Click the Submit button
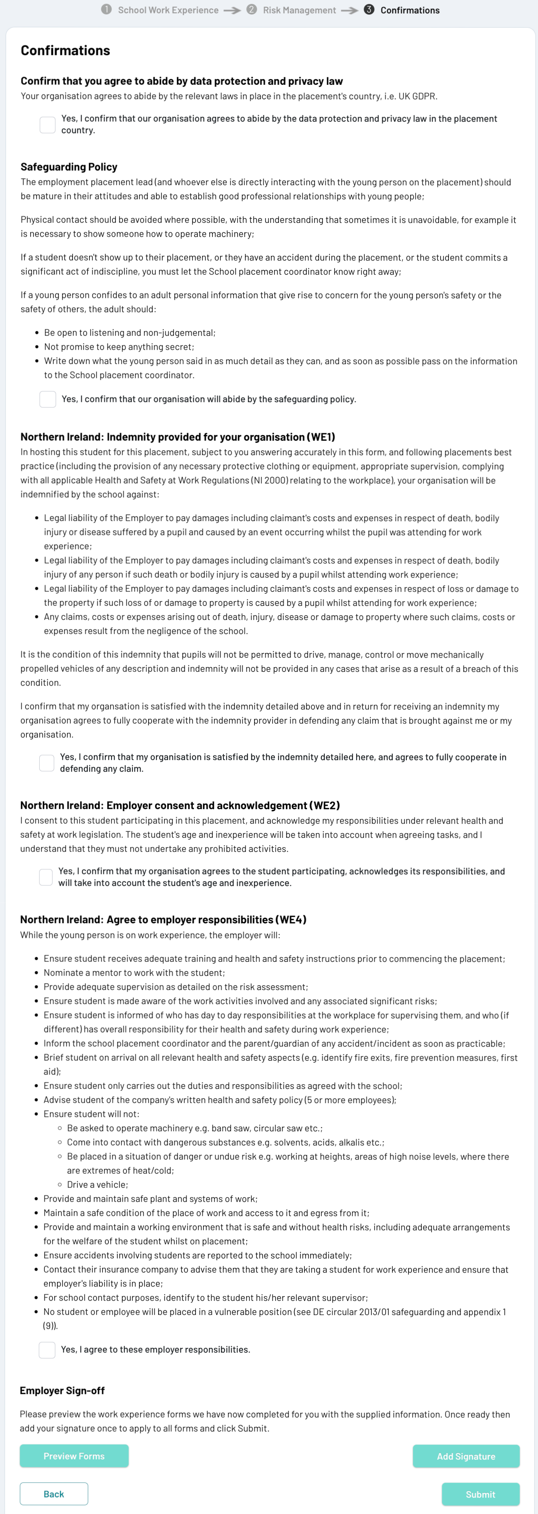click(x=480, y=1494)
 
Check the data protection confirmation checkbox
click(x=48, y=125)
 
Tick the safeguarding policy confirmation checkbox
click(x=48, y=399)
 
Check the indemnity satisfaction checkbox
click(x=46, y=763)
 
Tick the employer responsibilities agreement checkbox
click(x=47, y=1350)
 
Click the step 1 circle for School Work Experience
click(x=106, y=9)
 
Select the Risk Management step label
click(x=299, y=10)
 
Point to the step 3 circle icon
click(x=369, y=9)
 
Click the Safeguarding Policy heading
click(x=69, y=167)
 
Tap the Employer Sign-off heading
click(x=62, y=1390)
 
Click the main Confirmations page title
click(x=65, y=51)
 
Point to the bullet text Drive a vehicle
click(x=97, y=1184)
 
